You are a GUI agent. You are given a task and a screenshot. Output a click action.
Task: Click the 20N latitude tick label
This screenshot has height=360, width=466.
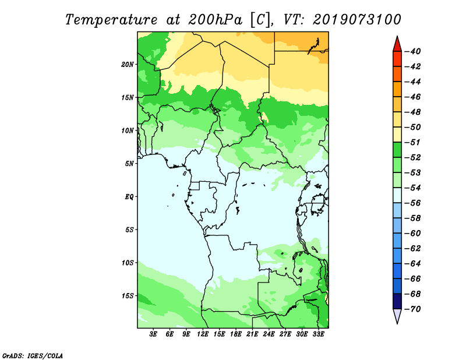coord(128,65)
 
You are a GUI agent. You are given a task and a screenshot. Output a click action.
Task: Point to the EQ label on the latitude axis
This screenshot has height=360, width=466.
coord(129,197)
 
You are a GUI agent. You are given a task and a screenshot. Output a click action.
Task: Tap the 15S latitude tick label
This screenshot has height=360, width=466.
coord(128,296)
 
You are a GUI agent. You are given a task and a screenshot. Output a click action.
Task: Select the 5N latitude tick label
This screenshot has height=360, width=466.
coord(129,164)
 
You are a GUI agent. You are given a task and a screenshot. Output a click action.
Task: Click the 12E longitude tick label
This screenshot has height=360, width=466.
coord(203,334)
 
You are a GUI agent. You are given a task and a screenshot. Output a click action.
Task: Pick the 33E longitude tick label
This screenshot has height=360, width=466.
coord(318,334)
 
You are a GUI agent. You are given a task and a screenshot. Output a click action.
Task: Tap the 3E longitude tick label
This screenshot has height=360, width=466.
coord(153,334)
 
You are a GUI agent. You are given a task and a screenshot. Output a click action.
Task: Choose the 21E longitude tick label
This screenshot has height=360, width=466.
coord(252,334)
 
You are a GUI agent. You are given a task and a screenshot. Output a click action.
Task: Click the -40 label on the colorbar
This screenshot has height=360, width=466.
coord(413,51)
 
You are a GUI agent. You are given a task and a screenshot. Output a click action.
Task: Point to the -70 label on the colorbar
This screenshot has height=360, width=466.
coord(413,309)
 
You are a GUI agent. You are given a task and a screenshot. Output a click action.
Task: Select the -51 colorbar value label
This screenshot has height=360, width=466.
coord(413,142)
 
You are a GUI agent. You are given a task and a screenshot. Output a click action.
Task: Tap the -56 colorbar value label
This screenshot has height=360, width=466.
coord(413,203)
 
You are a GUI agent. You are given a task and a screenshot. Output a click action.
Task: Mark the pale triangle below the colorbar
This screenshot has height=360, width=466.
coord(397,316)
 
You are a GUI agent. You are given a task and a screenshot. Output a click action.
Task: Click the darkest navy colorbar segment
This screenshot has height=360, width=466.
coord(397,301)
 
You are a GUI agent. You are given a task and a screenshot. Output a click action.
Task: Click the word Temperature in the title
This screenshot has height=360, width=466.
coord(111,20)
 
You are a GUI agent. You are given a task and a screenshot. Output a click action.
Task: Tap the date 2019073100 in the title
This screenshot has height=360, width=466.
coord(357,20)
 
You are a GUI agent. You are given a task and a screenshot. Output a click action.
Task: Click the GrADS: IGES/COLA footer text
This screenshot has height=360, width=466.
coord(33,356)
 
